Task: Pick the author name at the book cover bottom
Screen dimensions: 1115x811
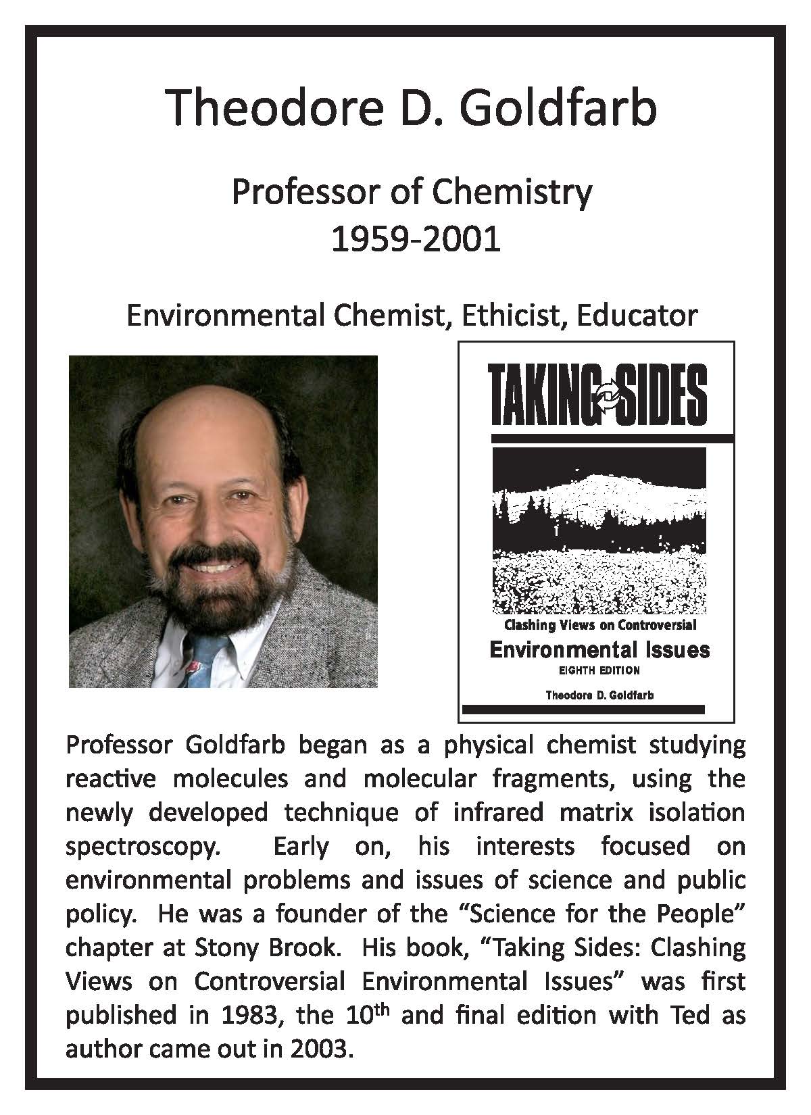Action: tap(599, 695)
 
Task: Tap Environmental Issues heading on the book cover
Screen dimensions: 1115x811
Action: tap(599, 650)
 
